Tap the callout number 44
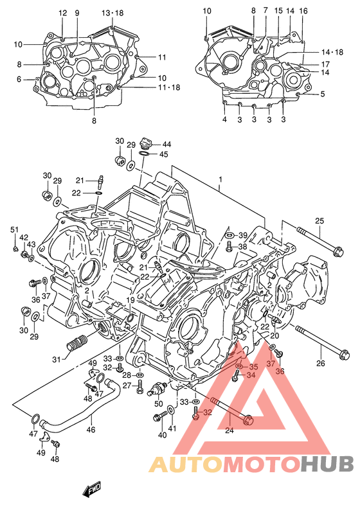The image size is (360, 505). [x=166, y=144]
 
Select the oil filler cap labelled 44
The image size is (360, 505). [x=146, y=143]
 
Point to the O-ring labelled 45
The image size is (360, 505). [x=145, y=154]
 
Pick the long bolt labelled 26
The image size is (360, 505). [x=321, y=342]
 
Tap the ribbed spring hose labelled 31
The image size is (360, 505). [x=76, y=343]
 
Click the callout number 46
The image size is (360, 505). [x=91, y=429]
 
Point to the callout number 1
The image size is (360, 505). [x=221, y=179]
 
